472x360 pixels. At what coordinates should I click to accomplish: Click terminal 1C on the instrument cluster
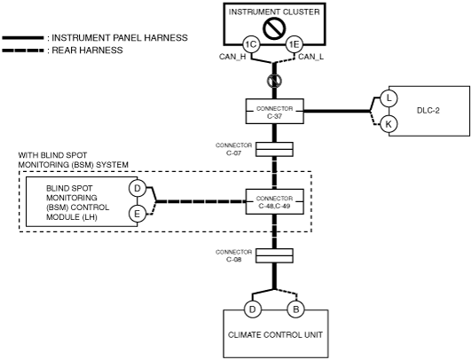(x=251, y=45)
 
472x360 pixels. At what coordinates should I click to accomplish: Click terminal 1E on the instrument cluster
(x=294, y=45)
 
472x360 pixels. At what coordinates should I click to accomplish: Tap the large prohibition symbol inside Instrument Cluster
(x=274, y=28)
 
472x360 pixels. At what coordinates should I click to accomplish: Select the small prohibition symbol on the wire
(x=274, y=81)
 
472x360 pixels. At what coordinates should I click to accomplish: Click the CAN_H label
(x=232, y=57)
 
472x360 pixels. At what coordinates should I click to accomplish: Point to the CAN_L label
(x=311, y=57)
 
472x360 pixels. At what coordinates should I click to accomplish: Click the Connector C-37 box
(x=274, y=111)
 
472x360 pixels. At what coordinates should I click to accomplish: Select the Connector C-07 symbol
(x=274, y=150)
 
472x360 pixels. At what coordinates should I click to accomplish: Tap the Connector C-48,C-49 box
(x=274, y=201)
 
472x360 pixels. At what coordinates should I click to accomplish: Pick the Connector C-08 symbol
(x=274, y=256)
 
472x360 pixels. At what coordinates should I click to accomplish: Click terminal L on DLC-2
(x=389, y=98)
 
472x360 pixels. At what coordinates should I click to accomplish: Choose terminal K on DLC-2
(x=389, y=124)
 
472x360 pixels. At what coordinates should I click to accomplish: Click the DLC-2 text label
(x=428, y=111)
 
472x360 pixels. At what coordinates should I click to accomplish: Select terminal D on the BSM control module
(x=138, y=189)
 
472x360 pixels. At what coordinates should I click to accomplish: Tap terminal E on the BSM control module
(x=138, y=214)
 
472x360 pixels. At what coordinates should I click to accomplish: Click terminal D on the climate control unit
(x=253, y=309)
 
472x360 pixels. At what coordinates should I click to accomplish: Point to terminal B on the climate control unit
(x=295, y=309)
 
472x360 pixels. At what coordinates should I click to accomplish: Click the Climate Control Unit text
(x=275, y=335)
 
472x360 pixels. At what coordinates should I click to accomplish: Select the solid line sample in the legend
(x=23, y=38)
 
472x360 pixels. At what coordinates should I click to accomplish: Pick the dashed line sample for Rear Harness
(x=23, y=51)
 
